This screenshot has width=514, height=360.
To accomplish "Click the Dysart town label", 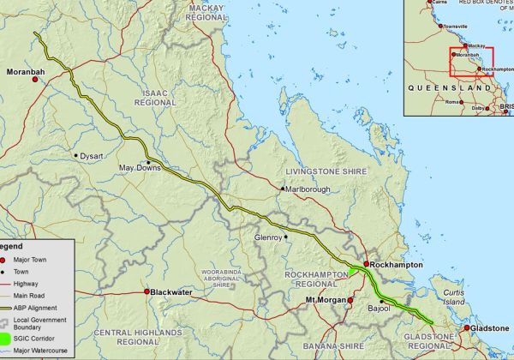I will pos(91,157).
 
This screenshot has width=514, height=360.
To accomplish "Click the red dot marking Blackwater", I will pos(146,292).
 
